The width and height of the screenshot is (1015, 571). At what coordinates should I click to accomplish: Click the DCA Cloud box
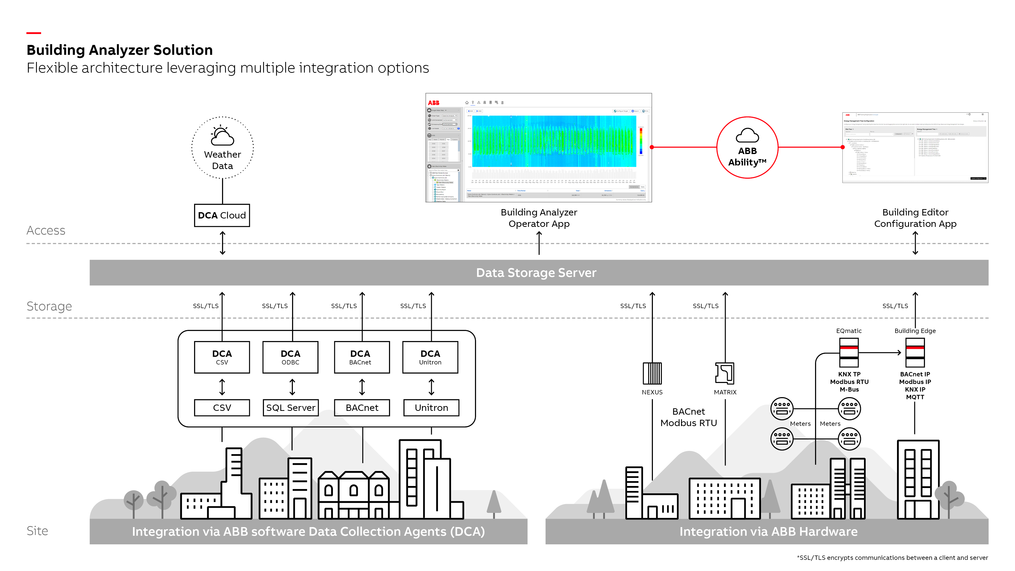tap(222, 215)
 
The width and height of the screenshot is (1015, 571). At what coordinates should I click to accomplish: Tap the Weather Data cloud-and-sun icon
tap(222, 136)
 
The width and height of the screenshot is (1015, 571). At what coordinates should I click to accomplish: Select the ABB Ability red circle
tap(747, 148)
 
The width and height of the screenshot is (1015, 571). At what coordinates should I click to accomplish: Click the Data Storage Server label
tap(536, 273)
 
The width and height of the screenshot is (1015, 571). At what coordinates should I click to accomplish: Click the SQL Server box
tap(290, 408)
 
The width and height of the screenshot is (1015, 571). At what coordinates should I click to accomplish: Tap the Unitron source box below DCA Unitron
tap(431, 408)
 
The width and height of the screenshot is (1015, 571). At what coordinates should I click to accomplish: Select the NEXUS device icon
tap(652, 373)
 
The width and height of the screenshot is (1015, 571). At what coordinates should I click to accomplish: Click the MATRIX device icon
tap(725, 373)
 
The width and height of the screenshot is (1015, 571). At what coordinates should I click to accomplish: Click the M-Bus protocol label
tap(849, 389)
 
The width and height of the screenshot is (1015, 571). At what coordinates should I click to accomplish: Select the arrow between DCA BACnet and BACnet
tap(362, 387)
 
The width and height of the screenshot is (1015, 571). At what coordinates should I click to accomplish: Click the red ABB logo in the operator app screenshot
tap(433, 103)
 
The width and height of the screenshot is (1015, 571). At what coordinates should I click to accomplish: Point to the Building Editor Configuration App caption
tap(915, 218)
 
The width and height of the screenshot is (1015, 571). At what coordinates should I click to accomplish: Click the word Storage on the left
tap(49, 306)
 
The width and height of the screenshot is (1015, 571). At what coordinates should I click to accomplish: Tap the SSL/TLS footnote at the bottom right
tap(892, 557)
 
